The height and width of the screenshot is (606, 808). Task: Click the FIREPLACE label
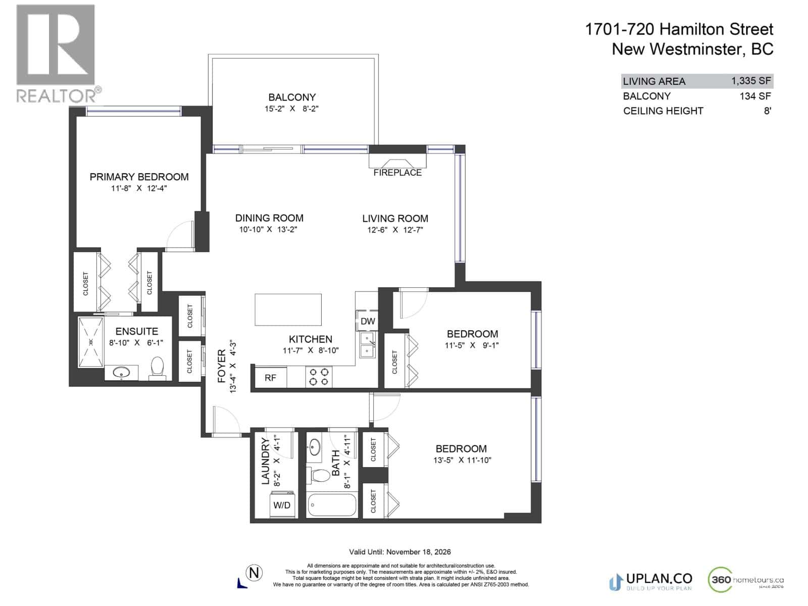click(397, 173)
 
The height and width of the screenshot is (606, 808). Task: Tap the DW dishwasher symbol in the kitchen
click(368, 321)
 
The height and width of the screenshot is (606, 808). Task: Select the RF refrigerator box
click(270, 378)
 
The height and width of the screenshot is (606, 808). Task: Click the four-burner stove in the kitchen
click(319, 377)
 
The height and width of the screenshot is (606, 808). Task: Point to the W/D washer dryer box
click(281, 505)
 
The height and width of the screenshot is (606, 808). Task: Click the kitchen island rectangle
click(288, 310)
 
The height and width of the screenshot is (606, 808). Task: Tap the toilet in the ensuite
click(158, 369)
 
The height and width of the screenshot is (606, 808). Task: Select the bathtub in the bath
click(332, 505)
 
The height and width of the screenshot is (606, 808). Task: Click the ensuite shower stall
click(91, 342)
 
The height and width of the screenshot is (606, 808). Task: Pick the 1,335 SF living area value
click(751, 81)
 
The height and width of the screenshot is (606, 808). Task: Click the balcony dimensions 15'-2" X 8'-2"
click(292, 109)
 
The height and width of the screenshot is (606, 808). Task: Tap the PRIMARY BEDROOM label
click(139, 177)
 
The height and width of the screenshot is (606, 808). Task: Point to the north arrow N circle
click(255, 573)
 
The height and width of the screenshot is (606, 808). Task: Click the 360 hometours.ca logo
click(746, 581)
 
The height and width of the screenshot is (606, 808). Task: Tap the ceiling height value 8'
click(767, 111)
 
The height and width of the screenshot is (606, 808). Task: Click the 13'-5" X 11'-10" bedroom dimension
click(462, 460)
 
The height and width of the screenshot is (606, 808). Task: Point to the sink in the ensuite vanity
click(121, 373)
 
